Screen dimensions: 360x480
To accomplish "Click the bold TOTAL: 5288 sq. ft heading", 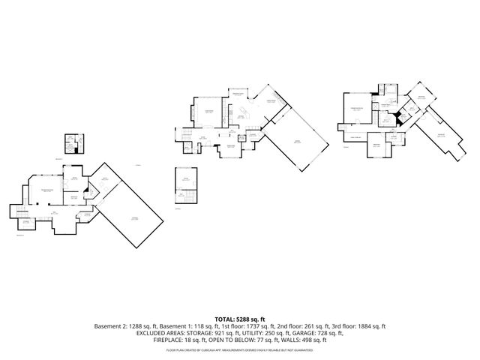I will click(240, 319).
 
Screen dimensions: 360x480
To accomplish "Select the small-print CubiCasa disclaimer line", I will click(240, 349).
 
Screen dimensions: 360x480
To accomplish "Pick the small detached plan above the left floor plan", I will click(73, 143).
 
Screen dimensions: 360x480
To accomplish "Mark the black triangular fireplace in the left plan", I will click(88, 190).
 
